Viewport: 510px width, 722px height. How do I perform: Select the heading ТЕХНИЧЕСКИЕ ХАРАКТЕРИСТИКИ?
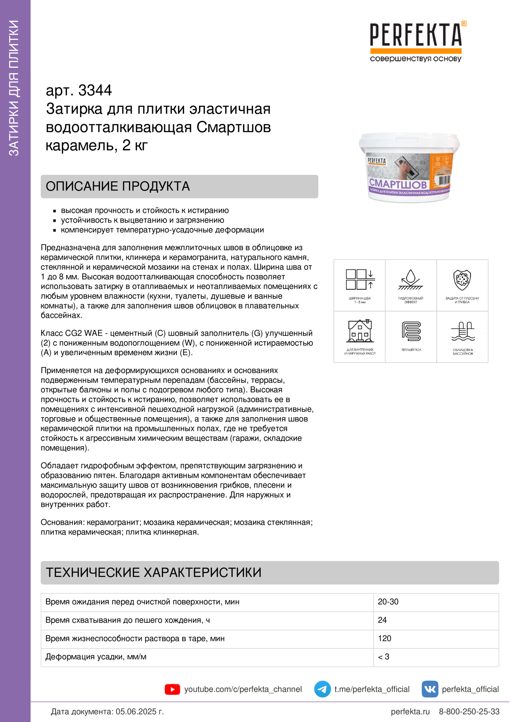pos(153,572)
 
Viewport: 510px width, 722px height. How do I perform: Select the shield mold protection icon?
pos(462,280)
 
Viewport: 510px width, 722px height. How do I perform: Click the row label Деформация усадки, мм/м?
pos(96,657)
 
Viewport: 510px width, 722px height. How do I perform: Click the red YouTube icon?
pos(172,689)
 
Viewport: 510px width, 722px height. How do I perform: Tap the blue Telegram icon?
pos(322,689)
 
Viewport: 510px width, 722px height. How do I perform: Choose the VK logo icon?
pos(429,689)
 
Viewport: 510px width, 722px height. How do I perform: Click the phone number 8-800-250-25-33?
pos(469,712)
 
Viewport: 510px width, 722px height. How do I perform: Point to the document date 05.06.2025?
pos(139,712)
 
